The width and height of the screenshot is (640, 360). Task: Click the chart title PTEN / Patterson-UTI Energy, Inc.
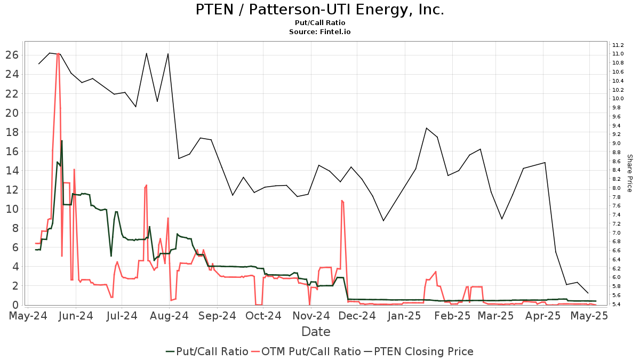point(320,10)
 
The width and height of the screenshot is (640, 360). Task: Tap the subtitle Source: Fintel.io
point(320,32)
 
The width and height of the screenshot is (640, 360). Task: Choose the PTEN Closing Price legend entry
point(418,351)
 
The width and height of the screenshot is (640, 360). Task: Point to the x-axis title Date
point(316,332)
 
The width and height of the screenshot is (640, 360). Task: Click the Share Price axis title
point(629,173)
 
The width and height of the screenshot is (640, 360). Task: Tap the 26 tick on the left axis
point(13,55)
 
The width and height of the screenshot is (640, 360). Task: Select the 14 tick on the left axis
point(13,171)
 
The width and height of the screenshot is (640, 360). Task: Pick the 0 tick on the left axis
point(16,305)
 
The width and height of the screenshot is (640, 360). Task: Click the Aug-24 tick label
point(170,316)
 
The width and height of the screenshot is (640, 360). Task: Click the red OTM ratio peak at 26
point(58,53)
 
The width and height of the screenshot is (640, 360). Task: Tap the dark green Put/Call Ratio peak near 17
point(62,141)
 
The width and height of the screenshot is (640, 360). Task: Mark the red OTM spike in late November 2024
point(342,201)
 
